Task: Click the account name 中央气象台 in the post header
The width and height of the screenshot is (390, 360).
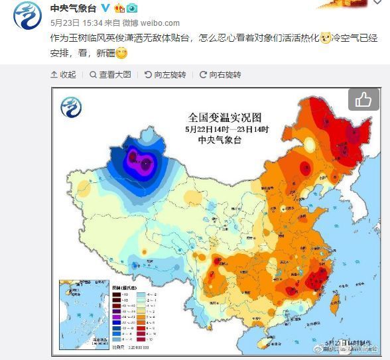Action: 74,8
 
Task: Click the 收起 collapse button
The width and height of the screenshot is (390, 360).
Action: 64,75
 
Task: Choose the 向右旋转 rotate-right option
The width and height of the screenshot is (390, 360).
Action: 220,75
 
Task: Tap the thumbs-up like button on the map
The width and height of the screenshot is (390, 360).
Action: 363,100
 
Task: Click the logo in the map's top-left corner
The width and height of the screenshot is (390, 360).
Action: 72,107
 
